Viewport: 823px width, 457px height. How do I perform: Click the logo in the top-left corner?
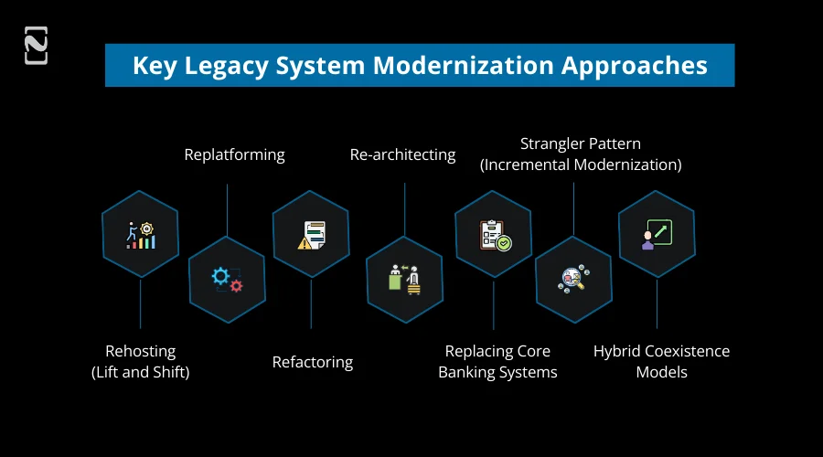(x=36, y=46)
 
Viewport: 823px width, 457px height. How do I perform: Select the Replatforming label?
(x=234, y=154)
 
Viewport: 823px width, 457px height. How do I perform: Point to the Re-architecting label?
(x=402, y=154)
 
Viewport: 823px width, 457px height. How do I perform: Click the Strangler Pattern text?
(x=581, y=143)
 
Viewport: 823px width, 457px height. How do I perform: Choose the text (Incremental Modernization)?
(x=581, y=165)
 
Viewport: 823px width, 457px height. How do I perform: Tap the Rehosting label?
(x=140, y=351)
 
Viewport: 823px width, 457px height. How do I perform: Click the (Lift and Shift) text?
(x=140, y=372)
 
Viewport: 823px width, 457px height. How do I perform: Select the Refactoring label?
(x=313, y=362)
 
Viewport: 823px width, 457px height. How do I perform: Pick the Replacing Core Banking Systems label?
(x=497, y=361)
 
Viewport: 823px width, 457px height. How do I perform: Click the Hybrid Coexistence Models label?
(x=661, y=361)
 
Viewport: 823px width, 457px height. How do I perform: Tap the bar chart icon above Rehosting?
(x=141, y=234)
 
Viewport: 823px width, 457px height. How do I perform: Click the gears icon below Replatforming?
(x=227, y=279)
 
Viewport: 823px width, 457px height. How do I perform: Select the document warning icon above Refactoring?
(x=311, y=234)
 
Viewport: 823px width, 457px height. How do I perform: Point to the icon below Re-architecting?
(x=403, y=279)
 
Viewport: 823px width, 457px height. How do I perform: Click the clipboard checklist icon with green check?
(x=494, y=234)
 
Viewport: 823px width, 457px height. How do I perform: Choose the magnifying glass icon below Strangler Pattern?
(x=573, y=279)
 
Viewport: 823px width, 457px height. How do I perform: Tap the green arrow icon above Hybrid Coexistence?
(x=657, y=234)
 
